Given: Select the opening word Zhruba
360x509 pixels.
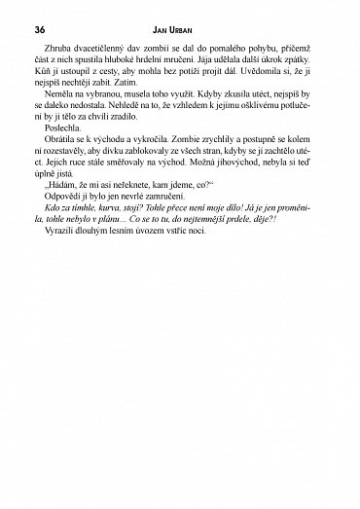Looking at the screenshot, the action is [58, 46].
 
